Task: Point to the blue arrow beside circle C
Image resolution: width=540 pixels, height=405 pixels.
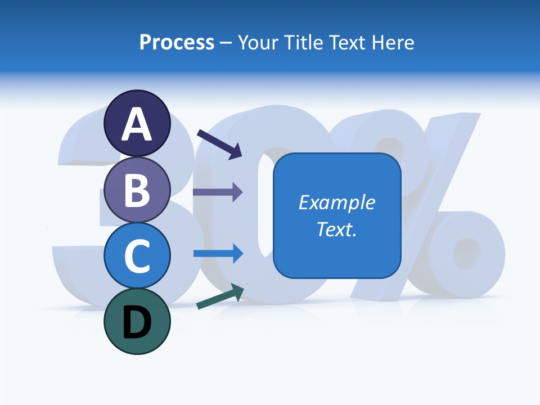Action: (218, 253)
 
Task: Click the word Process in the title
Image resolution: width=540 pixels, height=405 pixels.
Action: (177, 43)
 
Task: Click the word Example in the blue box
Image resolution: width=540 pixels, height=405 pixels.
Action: (336, 202)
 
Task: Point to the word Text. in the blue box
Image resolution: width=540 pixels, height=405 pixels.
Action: (336, 229)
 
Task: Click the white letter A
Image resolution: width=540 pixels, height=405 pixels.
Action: (137, 125)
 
